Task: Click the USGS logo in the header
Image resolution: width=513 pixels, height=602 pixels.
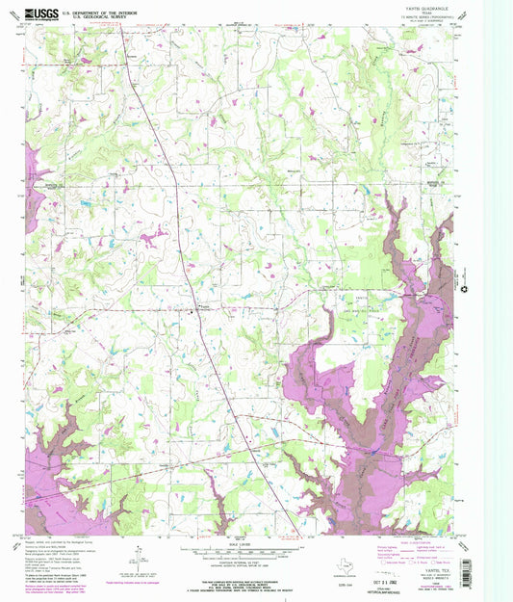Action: tap(40, 13)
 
